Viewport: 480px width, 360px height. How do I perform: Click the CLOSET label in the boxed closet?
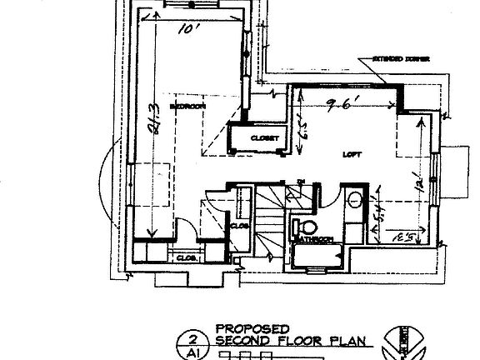point(262,137)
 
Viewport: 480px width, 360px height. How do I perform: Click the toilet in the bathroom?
point(307,227)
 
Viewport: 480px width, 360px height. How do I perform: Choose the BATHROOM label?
point(314,240)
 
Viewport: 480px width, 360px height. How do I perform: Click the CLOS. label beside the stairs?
point(237,224)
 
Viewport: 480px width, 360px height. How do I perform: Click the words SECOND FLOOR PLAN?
point(269,340)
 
